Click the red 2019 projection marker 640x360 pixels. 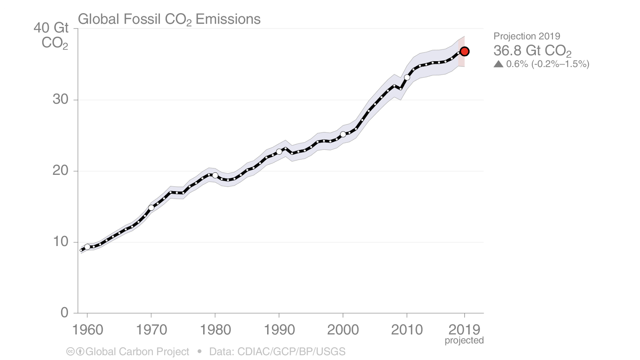tap(464, 52)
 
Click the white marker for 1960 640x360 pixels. tap(87, 247)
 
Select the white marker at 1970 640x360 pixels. tap(151, 208)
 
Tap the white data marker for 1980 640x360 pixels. tap(215, 175)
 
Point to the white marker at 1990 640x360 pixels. tap(279, 152)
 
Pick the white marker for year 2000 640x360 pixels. tap(343, 134)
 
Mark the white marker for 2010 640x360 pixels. tap(407, 77)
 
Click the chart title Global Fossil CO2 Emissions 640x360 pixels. tap(169, 19)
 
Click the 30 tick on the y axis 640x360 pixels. tap(60, 100)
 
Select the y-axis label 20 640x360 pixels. tap(60, 171)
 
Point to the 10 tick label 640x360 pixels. tap(60, 242)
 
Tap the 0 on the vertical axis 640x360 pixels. tap(64, 312)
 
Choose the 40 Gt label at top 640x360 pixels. tap(51, 28)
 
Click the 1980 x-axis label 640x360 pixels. tap(215, 330)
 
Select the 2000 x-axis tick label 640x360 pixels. tap(343, 330)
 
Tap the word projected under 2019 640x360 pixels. tap(464, 340)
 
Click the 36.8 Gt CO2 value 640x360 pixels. tap(532, 51)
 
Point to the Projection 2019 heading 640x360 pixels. tap(526, 36)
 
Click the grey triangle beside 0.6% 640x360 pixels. tap(498, 64)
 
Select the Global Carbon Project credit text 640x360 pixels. tap(137, 352)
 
